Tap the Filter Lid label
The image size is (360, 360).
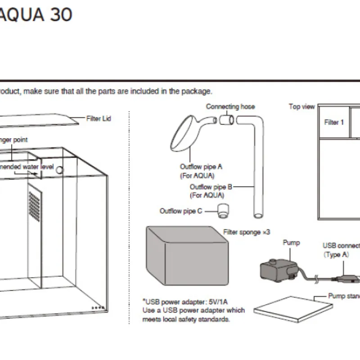[x=99, y=119]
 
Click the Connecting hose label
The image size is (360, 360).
[x=230, y=107]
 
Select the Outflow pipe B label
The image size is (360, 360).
[x=211, y=187]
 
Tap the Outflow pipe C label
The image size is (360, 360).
[x=181, y=211]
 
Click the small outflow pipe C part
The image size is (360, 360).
[x=222, y=211]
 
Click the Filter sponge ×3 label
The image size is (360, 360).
[x=247, y=232]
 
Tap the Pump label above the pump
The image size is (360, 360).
[x=291, y=243]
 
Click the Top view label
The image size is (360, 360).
[x=301, y=107]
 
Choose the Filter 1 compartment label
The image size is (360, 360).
[x=334, y=122]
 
